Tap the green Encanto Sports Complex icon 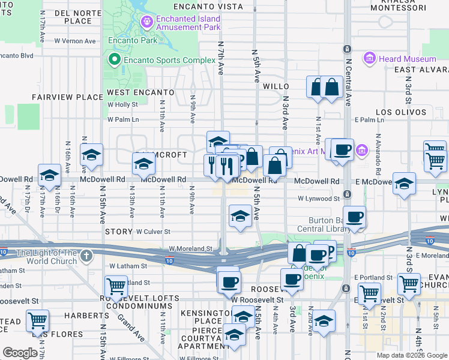tap(114, 59)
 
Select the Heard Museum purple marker tap(369, 59)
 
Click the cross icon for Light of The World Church tap(87, 256)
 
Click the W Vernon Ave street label tap(75, 41)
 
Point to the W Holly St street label tap(123, 104)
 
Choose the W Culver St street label tap(153, 231)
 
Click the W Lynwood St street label tap(319, 198)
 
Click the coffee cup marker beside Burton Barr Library tap(355, 217)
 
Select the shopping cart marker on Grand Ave tap(116, 286)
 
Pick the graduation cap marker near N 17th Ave tap(50, 175)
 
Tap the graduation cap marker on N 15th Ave tap(92, 155)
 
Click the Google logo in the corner tap(20, 353)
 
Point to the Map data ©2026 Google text tap(412, 355)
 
